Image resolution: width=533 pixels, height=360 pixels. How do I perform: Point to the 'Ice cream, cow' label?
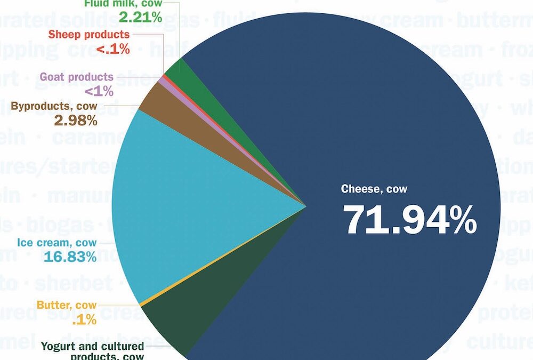(x=57, y=243)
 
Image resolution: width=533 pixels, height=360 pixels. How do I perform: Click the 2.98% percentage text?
(x=76, y=121)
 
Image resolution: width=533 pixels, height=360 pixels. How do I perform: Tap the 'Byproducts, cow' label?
(x=54, y=106)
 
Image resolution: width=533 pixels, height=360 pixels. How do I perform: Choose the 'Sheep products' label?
(x=88, y=35)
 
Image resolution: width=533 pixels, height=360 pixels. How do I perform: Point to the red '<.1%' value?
(x=112, y=49)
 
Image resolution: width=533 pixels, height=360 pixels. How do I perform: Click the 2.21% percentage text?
(x=140, y=18)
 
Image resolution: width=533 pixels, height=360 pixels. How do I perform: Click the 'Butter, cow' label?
(x=67, y=306)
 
